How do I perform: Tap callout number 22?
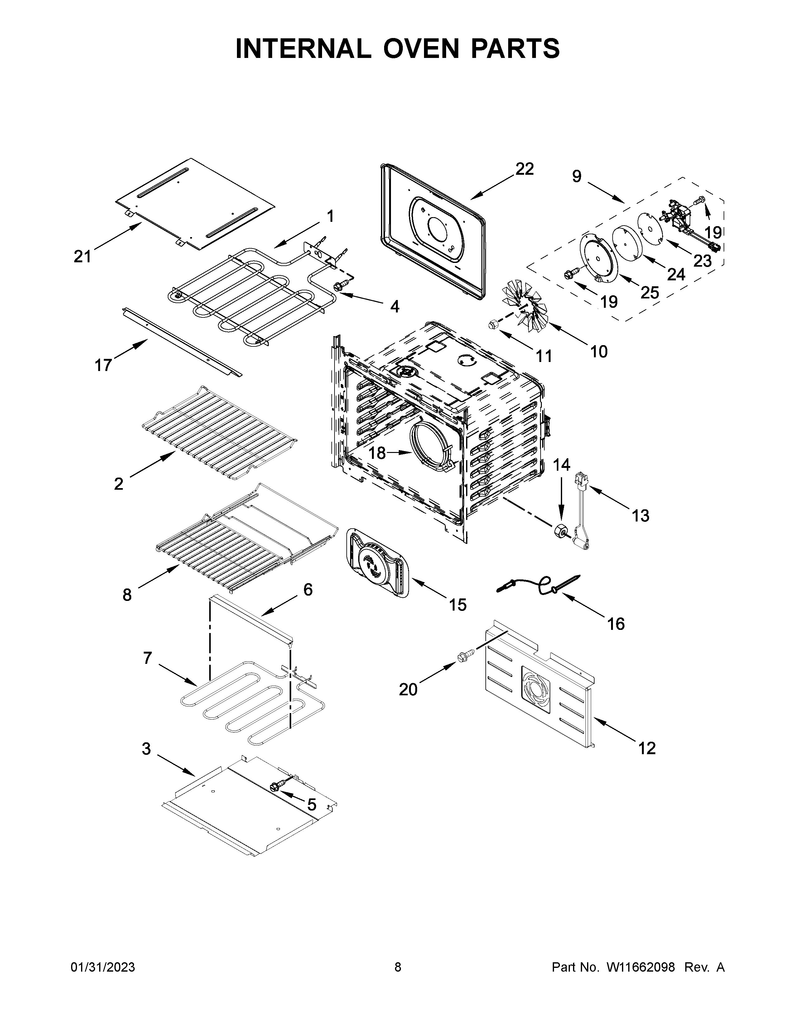pyautogui.click(x=524, y=169)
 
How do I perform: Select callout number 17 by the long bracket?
pyautogui.click(x=104, y=365)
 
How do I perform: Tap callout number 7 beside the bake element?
pyautogui.click(x=147, y=658)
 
